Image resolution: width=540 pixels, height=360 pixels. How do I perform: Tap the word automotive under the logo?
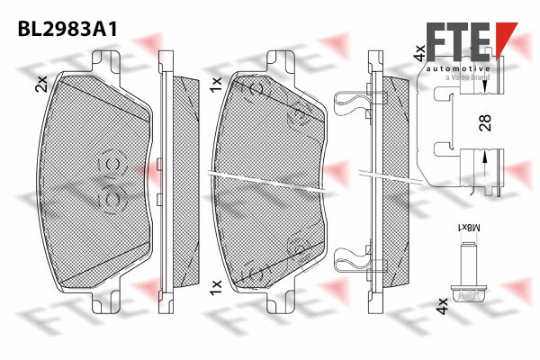459,69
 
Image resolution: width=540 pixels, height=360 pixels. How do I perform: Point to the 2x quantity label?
40,85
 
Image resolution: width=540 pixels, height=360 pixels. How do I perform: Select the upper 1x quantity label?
216,85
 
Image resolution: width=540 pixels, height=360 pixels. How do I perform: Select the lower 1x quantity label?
216,286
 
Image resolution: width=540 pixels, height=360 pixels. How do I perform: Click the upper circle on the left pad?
112,163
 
